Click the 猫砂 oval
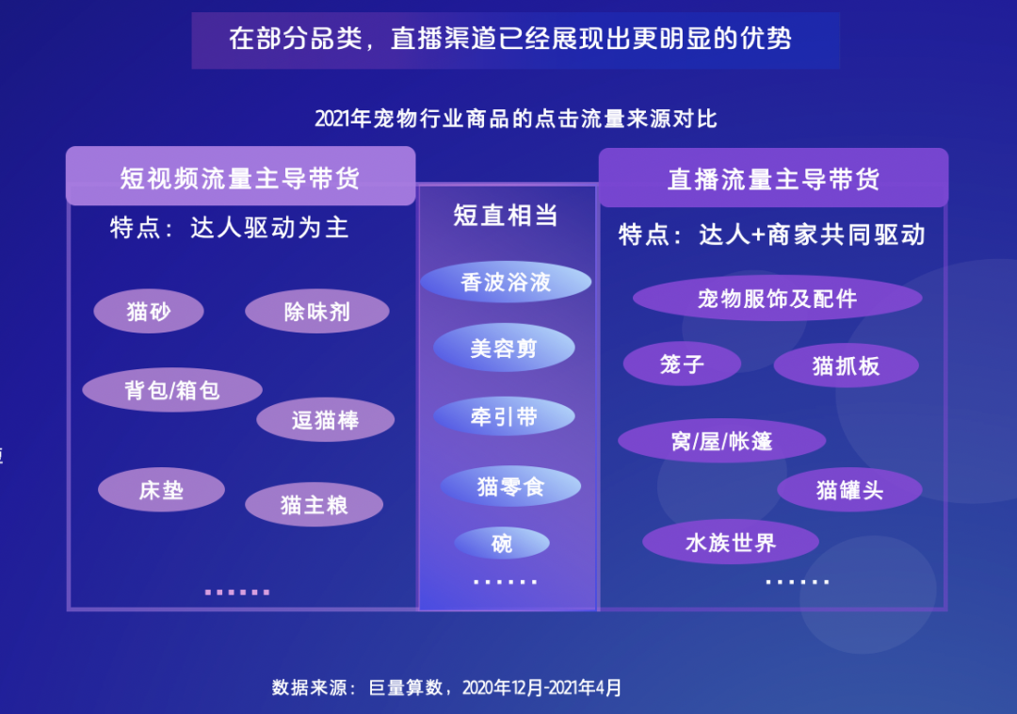coord(149,312)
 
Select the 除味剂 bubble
coord(317,312)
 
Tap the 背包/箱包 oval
coord(172,390)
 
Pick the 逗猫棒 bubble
coord(325,420)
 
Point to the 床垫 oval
coord(161,490)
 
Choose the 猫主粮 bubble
coord(315,505)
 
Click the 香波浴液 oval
coord(506,282)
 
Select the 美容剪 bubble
coord(504,349)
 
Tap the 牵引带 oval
coord(505,416)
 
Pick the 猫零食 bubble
coord(510,486)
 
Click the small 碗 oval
coord(502,544)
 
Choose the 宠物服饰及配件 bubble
coord(777,299)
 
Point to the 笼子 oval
coord(683,364)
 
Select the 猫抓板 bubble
coord(846,365)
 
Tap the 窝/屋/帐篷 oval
coord(721,441)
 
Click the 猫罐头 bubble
coord(849,490)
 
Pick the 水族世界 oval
coord(731,543)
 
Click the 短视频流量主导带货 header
coord(240,177)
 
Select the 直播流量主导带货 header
coord(773,179)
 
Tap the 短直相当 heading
coord(506,216)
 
